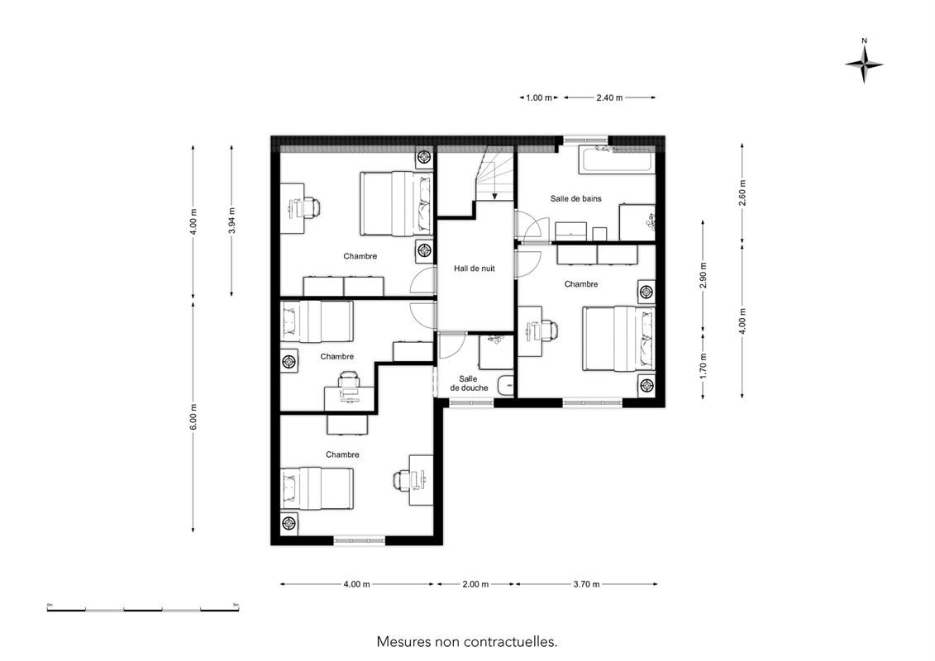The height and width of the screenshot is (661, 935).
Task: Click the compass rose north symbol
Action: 864,64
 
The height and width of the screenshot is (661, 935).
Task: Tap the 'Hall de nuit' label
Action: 474,269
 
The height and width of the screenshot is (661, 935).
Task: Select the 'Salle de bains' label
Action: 575,198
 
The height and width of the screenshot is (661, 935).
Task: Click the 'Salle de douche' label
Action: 469,383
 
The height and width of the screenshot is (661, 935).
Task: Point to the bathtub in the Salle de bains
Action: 616,160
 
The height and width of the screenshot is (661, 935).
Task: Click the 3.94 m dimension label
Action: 232,221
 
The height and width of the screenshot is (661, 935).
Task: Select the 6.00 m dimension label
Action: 193,416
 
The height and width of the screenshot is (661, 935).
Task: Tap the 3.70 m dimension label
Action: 586,584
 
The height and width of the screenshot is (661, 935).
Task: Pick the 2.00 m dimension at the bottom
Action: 475,584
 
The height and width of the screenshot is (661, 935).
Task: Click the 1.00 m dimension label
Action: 538,97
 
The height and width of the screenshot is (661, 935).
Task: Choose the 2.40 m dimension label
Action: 609,97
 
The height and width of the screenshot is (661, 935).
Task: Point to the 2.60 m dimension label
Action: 742,193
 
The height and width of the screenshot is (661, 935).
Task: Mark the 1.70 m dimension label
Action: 704,366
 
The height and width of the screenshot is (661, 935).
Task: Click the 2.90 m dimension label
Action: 704,275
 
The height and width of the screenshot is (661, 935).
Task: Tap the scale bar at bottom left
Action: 143,610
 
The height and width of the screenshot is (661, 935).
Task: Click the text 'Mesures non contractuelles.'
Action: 467,642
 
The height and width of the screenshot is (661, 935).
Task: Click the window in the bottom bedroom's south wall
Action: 359,540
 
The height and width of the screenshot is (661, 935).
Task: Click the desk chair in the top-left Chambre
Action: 312,207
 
